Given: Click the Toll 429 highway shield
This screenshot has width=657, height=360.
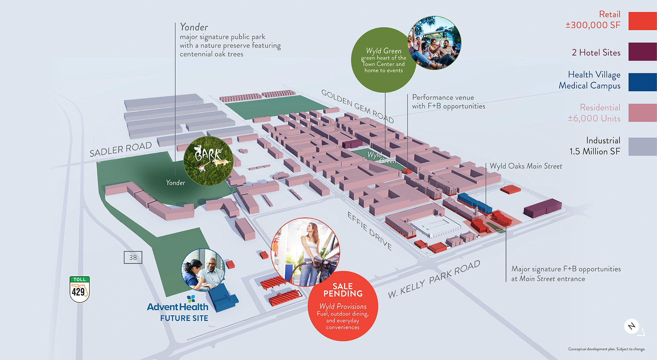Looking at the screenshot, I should [x=80, y=289].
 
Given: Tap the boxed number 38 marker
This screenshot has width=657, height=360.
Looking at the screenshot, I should [x=133, y=258].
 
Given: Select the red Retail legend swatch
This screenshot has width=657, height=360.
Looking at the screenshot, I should [x=642, y=21].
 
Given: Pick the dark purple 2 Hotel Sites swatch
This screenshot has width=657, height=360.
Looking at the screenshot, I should [x=642, y=52].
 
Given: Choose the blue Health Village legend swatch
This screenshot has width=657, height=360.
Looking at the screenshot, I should [x=642, y=82].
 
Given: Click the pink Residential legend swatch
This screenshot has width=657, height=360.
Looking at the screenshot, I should [x=642, y=113].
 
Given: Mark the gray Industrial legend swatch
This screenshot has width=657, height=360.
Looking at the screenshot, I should [x=642, y=147].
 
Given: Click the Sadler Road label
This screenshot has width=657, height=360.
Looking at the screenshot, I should [x=121, y=149].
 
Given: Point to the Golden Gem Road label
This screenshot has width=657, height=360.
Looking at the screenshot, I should [x=357, y=106].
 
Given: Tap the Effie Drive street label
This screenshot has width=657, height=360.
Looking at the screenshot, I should [x=369, y=231].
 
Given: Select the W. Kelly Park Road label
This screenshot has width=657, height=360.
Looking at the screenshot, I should [x=434, y=279].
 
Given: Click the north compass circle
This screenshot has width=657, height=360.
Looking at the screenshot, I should [x=632, y=326].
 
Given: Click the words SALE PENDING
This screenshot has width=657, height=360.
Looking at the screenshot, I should [x=343, y=290].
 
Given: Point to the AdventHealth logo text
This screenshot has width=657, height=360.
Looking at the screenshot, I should [x=178, y=307].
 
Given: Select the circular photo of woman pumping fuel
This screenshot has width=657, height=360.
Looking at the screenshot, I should [x=305, y=252].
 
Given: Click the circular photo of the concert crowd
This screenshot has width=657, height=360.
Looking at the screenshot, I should [x=435, y=43].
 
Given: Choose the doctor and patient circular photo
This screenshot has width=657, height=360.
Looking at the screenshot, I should [x=203, y=269].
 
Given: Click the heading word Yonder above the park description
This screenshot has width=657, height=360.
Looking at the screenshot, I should [x=194, y=27].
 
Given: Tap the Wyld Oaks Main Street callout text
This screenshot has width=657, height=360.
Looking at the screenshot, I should [x=526, y=166].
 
